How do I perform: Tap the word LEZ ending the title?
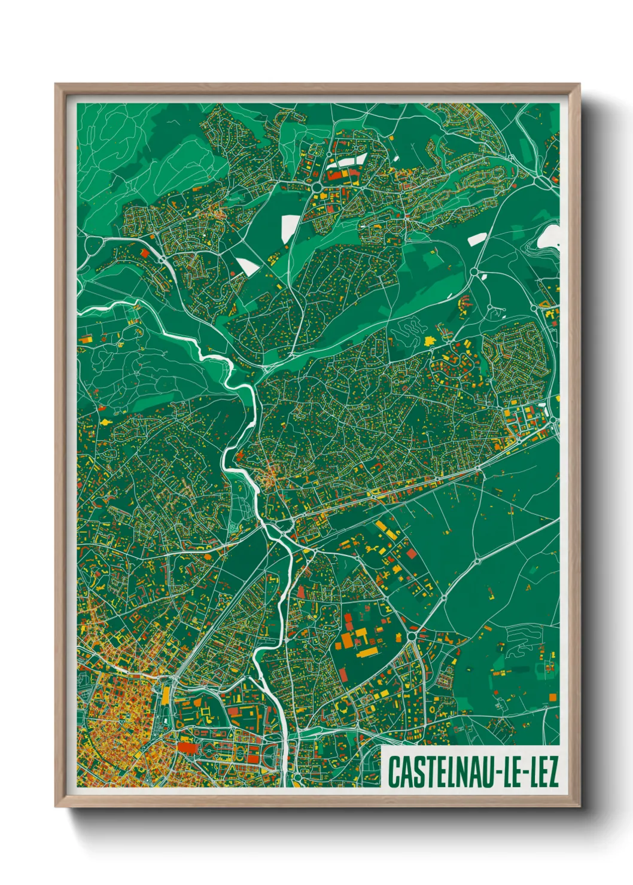541,772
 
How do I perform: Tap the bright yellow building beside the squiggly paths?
428,340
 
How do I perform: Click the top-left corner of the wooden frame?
56,84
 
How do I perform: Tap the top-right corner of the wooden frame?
579,84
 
